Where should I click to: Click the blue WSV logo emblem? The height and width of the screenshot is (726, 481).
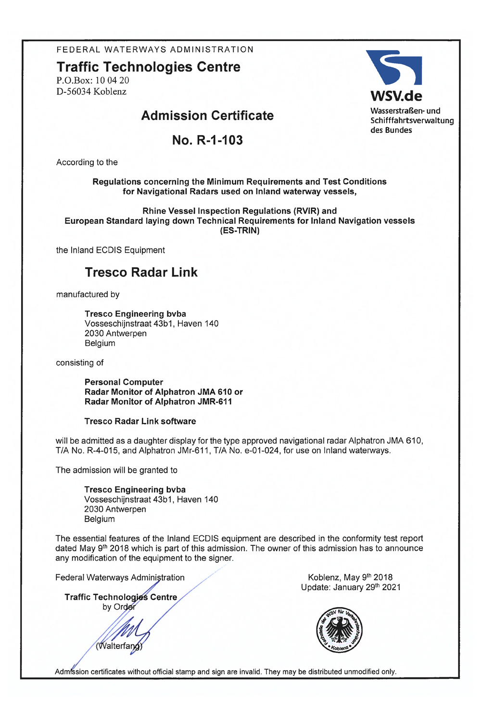pos(394,68)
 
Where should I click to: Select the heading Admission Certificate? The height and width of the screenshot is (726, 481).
pos(207,116)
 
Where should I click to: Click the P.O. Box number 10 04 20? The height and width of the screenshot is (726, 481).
pos(112,80)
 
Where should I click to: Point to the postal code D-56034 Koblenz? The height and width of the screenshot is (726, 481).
pos(91,91)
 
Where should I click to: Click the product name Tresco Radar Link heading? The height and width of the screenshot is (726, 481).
pos(141,272)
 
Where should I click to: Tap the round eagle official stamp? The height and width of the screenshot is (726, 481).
pos(340,630)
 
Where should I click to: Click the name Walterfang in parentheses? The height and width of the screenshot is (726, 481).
pos(119,646)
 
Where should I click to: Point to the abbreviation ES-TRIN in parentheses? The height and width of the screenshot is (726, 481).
pos(240,231)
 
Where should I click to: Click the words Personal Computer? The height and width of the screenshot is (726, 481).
pos(124,382)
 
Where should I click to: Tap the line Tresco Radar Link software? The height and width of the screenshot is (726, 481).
pos(140,421)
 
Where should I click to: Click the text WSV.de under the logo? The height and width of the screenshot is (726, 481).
pos(396,96)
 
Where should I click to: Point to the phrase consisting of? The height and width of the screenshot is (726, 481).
pos(80,363)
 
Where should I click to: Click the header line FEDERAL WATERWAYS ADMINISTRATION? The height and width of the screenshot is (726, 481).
pos(155,50)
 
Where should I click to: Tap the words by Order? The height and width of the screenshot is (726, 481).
pos(119,607)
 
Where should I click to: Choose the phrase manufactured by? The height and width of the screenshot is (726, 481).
pos(88,294)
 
